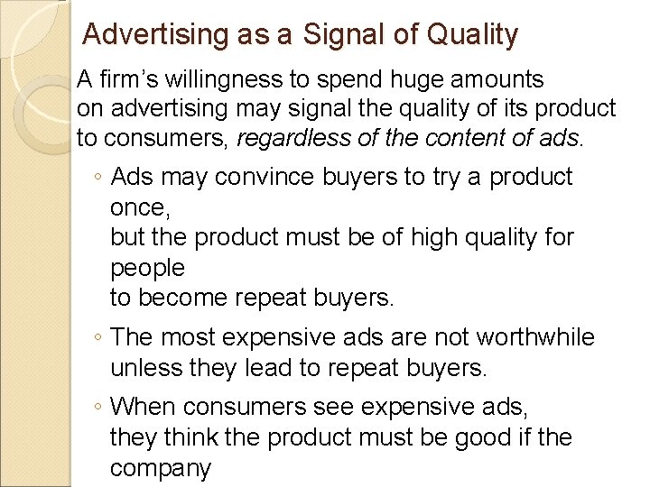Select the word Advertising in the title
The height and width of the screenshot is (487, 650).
(x=153, y=36)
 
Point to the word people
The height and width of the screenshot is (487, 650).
(x=147, y=268)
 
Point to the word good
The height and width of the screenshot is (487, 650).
(x=487, y=438)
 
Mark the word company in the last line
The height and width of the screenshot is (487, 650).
(x=160, y=469)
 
